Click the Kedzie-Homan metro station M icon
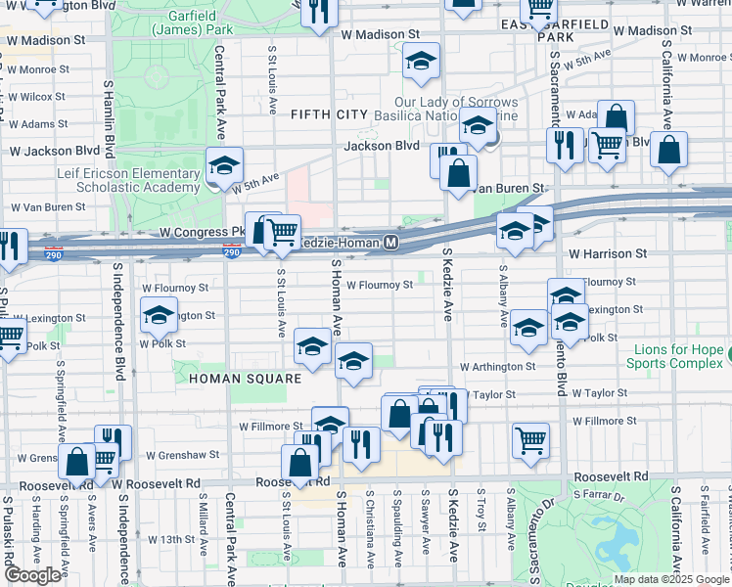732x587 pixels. pyautogui.click(x=390, y=242)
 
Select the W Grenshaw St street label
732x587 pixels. pyautogui.click(x=181, y=455)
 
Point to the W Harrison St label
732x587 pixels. pyautogui.click(x=609, y=252)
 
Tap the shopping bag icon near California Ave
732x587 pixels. pyautogui.click(x=668, y=151)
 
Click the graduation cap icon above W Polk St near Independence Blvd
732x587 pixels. pyautogui.click(x=159, y=315)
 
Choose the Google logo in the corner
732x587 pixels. pyautogui.click(x=32, y=575)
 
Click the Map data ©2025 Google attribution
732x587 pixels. pyautogui.click(x=672, y=579)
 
